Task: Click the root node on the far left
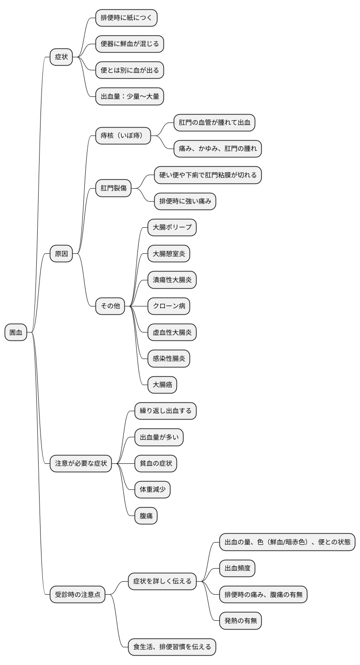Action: pos(16,332)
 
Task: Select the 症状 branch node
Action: pos(61,57)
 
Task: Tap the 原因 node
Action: pos(61,253)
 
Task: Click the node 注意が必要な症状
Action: pos(81,463)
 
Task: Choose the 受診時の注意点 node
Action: pos(77,594)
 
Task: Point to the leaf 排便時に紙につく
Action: pos(126,18)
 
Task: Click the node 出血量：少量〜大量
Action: pos(129,96)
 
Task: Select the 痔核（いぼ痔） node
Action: pos(123,136)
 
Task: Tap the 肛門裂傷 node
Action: pos(113,188)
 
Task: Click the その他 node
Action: pos(110,306)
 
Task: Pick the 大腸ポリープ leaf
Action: pos(172,227)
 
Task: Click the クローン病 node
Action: pos(169,306)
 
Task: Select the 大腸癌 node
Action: pos(162,385)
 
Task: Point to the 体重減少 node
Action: pos(152,489)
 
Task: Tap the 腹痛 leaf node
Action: pos(146,516)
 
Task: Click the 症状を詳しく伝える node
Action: pos(162,581)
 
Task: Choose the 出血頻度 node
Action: pos(237,568)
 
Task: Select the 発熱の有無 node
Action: pos(240,621)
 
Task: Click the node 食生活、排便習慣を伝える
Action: pos(172,647)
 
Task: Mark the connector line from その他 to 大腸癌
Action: pos(138,350)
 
